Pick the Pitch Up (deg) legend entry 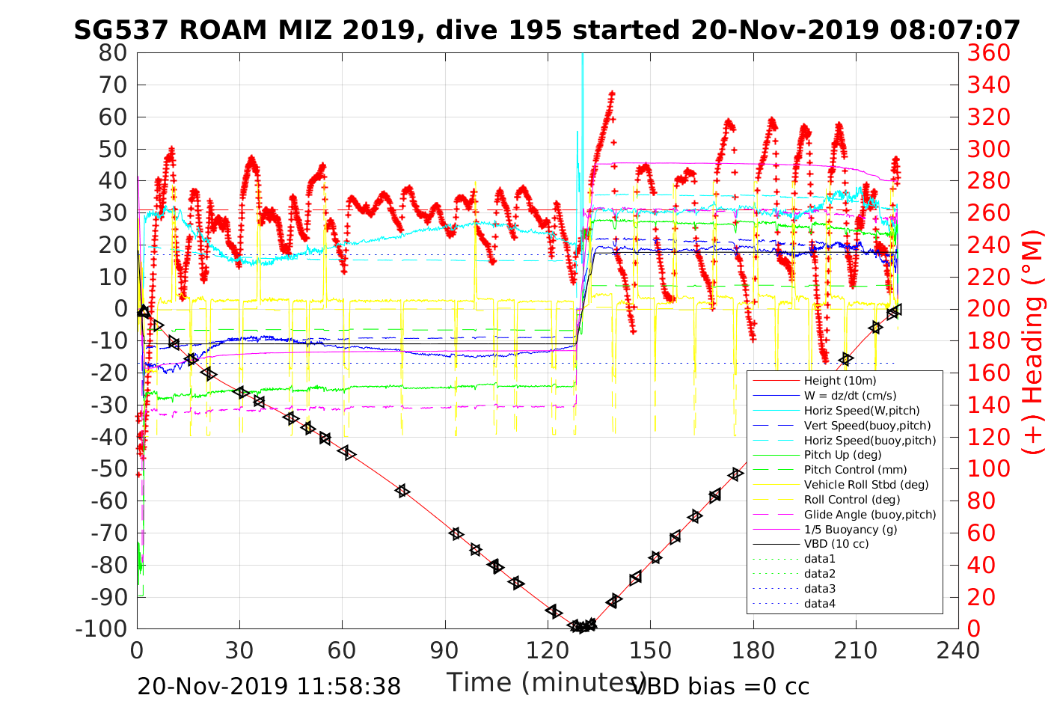pyautogui.click(x=842, y=455)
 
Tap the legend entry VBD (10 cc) pyautogui.click(x=836, y=544)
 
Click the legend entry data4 pyautogui.click(x=820, y=604)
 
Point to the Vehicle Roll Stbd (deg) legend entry pyautogui.click(x=866, y=485)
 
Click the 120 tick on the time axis pyautogui.click(x=548, y=649)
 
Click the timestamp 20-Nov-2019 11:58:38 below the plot pyautogui.click(x=269, y=686)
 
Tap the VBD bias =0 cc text pyautogui.click(x=720, y=686)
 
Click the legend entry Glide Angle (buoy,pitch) pyautogui.click(x=870, y=515)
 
